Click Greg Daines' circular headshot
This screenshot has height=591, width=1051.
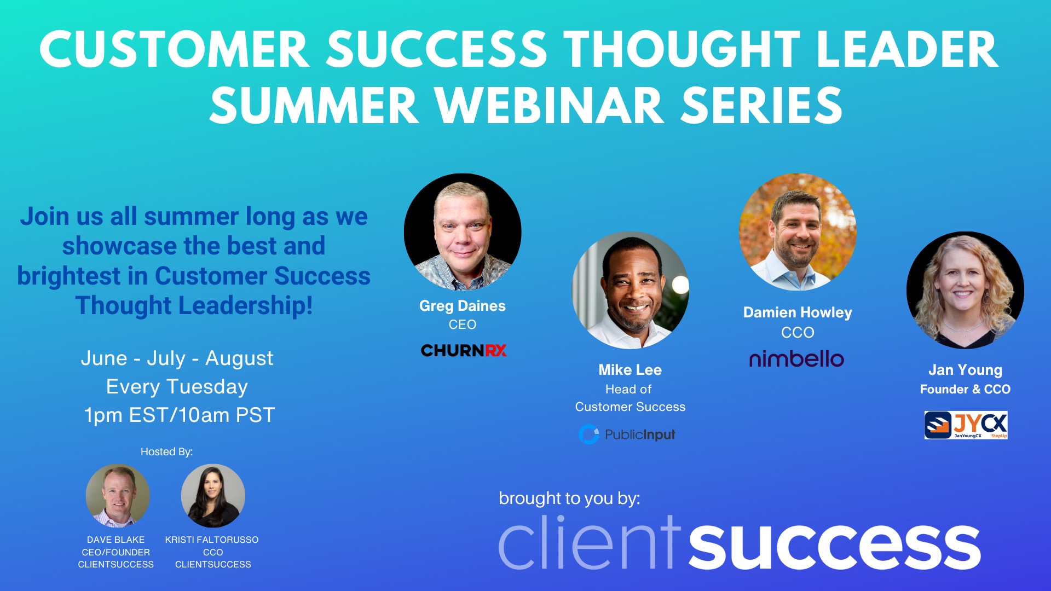point(463,232)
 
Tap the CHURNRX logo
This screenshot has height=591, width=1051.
point(463,350)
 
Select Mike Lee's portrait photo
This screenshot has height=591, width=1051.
point(630,290)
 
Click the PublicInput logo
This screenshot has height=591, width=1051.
point(627,434)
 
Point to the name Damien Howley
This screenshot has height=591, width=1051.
point(798,312)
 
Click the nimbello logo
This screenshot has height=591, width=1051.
point(796,360)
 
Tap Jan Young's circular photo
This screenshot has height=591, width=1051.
point(965,290)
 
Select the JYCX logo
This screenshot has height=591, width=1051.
point(966,425)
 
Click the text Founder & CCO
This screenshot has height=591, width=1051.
point(965,389)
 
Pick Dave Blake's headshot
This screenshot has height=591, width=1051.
point(118,495)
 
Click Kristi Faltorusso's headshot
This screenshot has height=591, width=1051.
point(213,495)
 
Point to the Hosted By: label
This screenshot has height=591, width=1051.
point(166,451)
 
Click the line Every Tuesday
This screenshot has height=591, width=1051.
point(177,387)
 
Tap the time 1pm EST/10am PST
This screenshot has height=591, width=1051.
point(179,415)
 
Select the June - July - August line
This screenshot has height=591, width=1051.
point(177,358)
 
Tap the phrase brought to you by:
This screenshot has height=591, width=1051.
point(569,498)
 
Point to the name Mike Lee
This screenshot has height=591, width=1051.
point(630,370)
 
